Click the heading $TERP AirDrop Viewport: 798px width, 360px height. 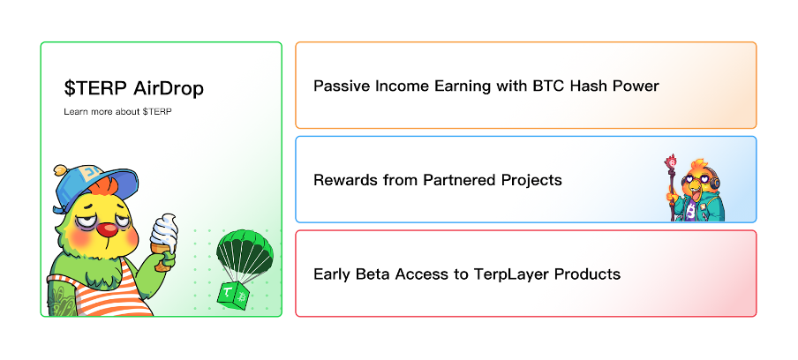[134, 88]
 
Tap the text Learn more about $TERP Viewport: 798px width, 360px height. [117, 111]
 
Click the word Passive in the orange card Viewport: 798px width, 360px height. [342, 86]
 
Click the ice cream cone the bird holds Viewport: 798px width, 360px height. [164, 242]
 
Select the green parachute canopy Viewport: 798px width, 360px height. [245, 251]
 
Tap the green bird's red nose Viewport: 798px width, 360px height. [108, 230]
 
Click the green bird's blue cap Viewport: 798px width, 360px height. [92, 184]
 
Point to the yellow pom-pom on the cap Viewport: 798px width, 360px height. [60, 169]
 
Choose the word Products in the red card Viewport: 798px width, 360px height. [587, 274]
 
